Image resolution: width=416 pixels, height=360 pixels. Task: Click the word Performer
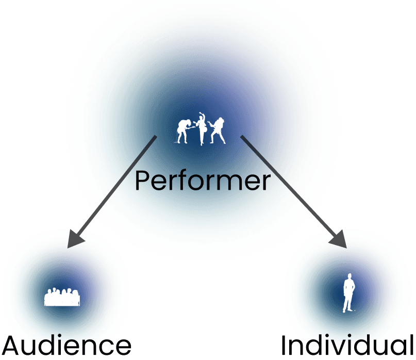(203, 181)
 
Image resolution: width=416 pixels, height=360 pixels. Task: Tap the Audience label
(66, 346)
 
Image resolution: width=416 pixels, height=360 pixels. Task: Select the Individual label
(347, 345)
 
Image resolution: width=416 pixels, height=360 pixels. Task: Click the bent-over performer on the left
(184, 130)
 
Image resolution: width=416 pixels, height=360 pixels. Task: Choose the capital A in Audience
(12, 347)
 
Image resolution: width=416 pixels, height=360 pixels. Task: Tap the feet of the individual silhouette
(348, 311)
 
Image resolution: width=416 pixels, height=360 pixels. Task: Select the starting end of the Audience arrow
(156, 136)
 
